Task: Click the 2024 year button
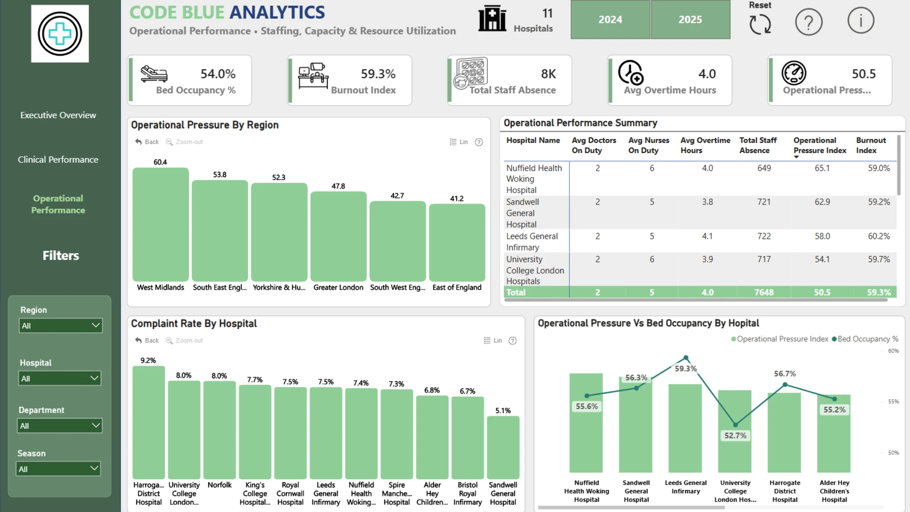(x=610, y=19)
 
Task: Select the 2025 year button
(x=690, y=19)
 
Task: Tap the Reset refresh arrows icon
(x=760, y=24)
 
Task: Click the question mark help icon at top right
(x=809, y=21)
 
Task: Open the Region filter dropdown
(x=61, y=326)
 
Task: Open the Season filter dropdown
(x=59, y=469)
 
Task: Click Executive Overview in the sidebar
(x=58, y=115)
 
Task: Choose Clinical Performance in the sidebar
(x=58, y=160)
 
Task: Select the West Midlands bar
(x=161, y=225)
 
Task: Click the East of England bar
(x=457, y=243)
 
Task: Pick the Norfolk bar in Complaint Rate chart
(x=219, y=430)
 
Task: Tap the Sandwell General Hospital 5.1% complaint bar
(x=503, y=448)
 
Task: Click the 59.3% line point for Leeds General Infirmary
(x=686, y=358)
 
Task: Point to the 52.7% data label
(x=735, y=435)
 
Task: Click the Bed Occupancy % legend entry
(x=865, y=339)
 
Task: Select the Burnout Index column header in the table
(x=871, y=145)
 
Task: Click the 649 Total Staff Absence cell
(x=764, y=168)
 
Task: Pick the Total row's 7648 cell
(x=764, y=293)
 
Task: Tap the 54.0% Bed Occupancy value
(x=218, y=74)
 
